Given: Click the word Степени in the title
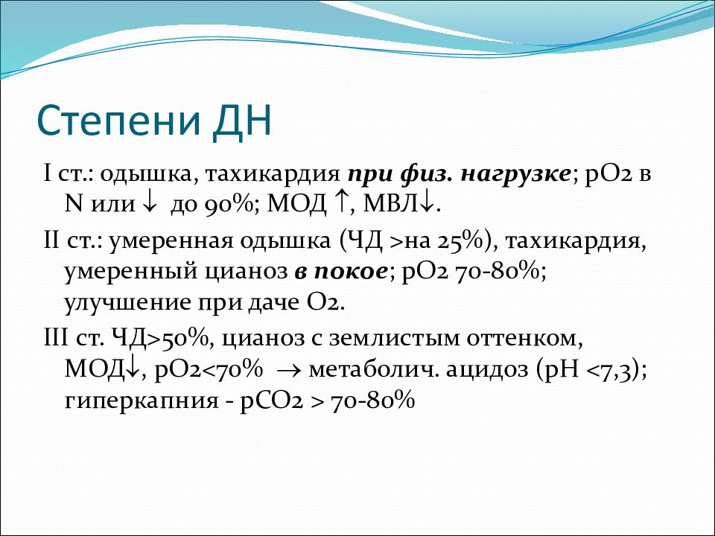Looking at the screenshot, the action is coord(118,121).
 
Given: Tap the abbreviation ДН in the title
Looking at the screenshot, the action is coord(241,121).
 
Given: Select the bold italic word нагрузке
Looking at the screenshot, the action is coord(515,175).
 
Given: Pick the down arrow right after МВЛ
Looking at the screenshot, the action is coord(426,204).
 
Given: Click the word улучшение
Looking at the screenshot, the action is coord(127,304).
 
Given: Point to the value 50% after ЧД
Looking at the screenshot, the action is coord(183,339).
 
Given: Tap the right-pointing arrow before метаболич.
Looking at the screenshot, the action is coord(290,370).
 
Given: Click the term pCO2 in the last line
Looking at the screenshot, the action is coord(272,401).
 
